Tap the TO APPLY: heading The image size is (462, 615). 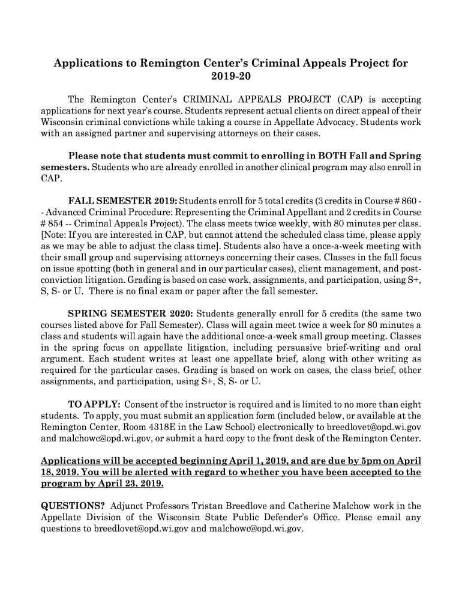94,405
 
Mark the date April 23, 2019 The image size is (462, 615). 132,483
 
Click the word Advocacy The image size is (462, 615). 317,121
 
